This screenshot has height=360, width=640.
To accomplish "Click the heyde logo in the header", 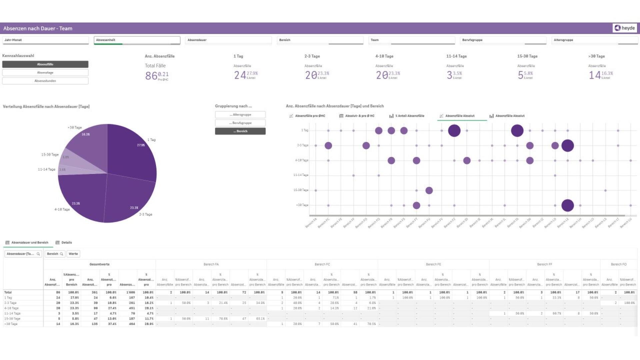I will point(625,28).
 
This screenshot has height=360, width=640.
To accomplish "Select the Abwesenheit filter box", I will point(137,40).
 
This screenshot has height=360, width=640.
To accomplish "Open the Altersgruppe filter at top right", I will point(595,40).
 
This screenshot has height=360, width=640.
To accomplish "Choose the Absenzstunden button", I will point(45,81).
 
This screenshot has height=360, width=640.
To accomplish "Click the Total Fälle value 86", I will point(151,76).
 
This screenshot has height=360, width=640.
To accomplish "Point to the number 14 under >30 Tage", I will point(594,75).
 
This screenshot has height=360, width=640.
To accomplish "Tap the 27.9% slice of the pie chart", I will point(133,150).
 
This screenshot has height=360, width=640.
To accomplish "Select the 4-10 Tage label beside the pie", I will point(62,209).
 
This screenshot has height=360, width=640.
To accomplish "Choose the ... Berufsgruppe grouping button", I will point(240,123).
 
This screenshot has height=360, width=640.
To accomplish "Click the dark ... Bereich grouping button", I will point(240,131).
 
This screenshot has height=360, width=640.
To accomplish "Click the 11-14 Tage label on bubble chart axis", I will point(301,175).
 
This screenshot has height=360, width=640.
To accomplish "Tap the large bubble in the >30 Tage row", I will point(567,205).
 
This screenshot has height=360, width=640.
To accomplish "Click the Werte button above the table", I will point(73,254).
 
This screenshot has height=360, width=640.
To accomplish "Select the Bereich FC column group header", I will point(322,264).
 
